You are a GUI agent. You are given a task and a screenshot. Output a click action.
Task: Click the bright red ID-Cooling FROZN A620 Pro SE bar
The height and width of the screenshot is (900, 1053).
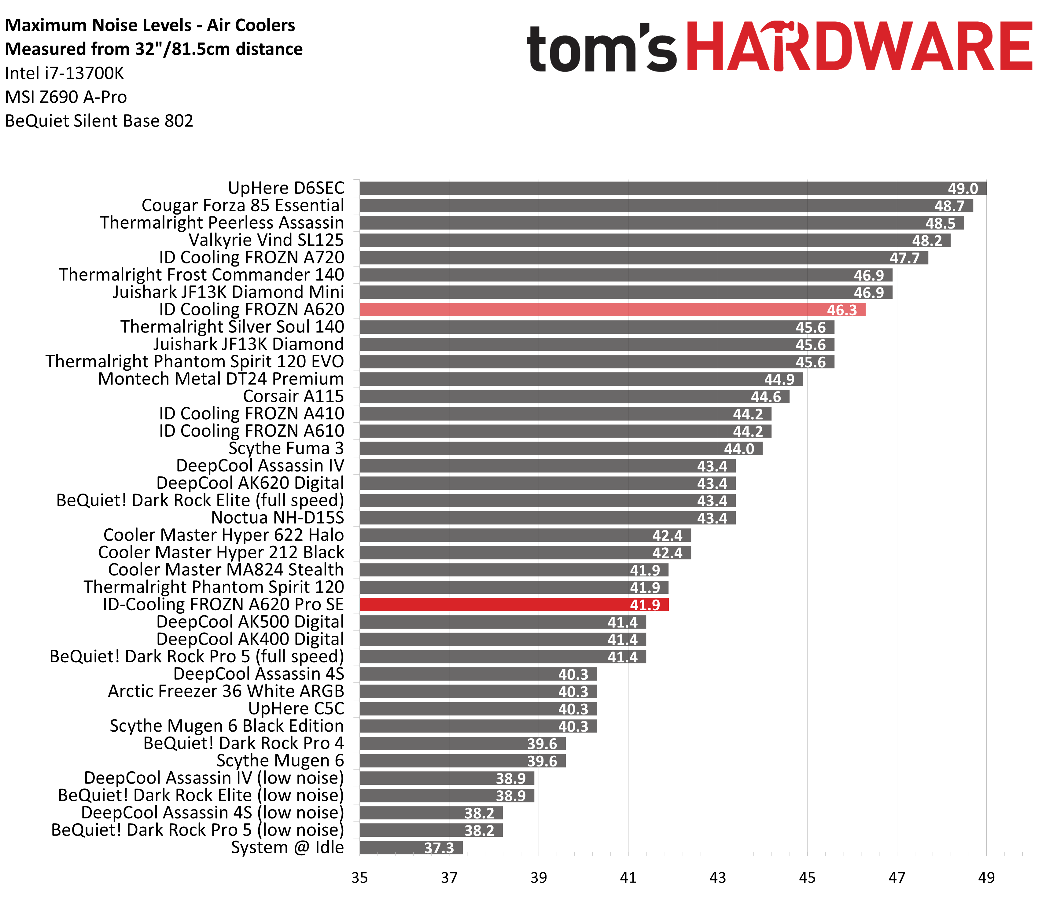[513, 604]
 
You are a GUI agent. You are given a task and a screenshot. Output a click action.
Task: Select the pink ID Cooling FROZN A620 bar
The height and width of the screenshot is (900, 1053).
[610, 310]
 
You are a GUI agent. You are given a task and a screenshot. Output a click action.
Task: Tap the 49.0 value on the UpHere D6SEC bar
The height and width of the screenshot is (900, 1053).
[963, 189]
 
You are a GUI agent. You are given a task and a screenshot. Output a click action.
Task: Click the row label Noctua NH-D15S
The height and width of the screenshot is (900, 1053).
[278, 518]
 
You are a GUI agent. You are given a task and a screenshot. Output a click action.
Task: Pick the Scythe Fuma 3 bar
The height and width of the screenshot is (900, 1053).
[559, 448]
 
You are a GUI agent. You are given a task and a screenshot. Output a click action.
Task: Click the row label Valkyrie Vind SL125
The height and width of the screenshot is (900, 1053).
[266, 240]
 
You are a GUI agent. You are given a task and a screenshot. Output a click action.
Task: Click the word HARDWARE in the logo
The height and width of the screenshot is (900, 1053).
[859, 47]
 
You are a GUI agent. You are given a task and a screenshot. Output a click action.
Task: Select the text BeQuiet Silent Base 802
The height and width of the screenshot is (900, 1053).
[99, 121]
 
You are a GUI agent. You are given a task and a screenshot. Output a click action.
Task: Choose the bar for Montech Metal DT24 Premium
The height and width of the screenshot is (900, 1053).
[579, 379]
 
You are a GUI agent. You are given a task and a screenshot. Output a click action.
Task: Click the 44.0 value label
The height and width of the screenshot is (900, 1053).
[739, 449]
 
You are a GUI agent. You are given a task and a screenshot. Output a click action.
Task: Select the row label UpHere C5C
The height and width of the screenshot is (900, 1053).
[296, 708]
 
